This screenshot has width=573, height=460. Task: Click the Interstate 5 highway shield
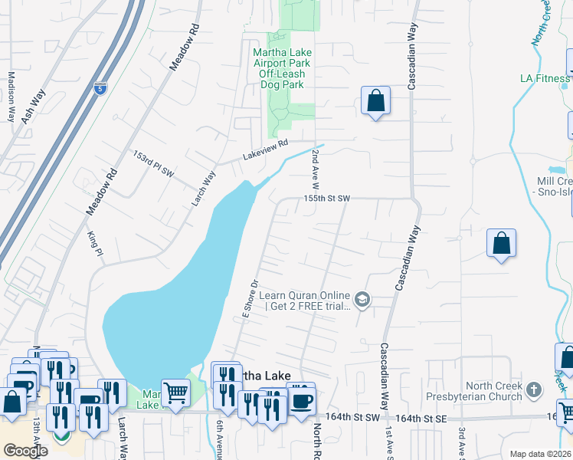[100, 89]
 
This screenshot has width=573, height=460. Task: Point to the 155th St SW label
[326, 198]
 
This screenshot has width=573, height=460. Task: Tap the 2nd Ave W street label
[314, 169]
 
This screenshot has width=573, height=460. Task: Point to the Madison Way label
[11, 97]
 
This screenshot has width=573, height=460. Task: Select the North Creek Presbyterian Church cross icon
[535, 389]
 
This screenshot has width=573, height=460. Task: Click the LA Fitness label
[545, 78]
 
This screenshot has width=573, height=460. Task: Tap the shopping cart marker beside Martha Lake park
[176, 393]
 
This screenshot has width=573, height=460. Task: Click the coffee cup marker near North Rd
[302, 399]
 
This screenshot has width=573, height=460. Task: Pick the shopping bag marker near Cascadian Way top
[375, 100]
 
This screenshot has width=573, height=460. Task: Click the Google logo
[26, 450]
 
